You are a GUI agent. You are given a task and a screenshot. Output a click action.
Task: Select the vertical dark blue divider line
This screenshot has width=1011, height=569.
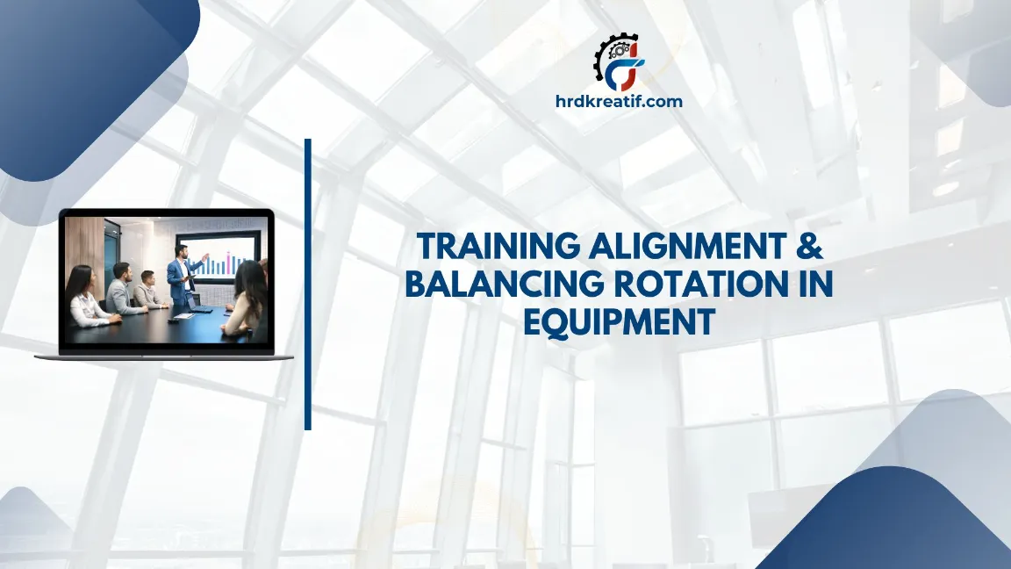[x=308, y=284]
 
